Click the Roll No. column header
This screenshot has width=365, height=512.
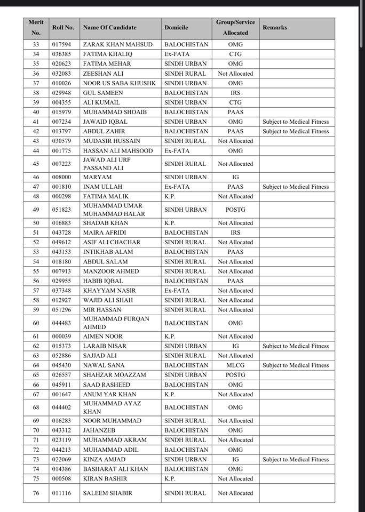(63, 28)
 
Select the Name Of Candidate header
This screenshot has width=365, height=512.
(109, 28)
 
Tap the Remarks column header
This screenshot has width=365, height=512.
(274, 28)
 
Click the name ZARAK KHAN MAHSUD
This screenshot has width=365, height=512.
(117, 45)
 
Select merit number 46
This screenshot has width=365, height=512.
(36, 177)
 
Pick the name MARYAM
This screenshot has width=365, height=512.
(97, 177)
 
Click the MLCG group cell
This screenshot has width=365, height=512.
(235, 365)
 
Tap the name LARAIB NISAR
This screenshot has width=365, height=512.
(105, 346)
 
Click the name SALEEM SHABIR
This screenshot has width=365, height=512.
(107, 493)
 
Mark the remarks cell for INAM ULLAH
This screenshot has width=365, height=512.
(296, 187)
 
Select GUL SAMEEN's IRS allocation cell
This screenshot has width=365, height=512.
(235, 93)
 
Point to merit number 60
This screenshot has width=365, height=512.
(36, 323)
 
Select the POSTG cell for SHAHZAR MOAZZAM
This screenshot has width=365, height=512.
(235, 375)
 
